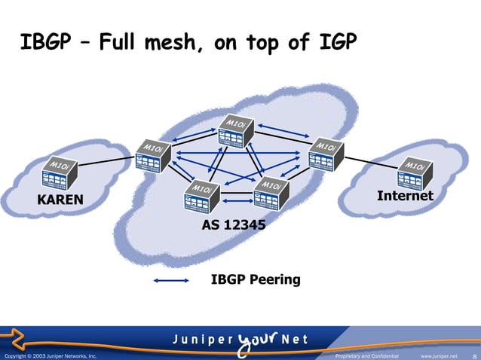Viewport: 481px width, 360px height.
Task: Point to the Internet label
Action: [405, 196]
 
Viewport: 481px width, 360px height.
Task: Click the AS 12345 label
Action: [233, 224]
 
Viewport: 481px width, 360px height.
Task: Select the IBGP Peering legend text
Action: [256, 280]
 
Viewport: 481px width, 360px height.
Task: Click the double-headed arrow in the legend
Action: [170, 282]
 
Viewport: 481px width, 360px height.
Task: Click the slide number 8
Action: [473, 355]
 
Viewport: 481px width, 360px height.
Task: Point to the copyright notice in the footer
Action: [50, 355]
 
